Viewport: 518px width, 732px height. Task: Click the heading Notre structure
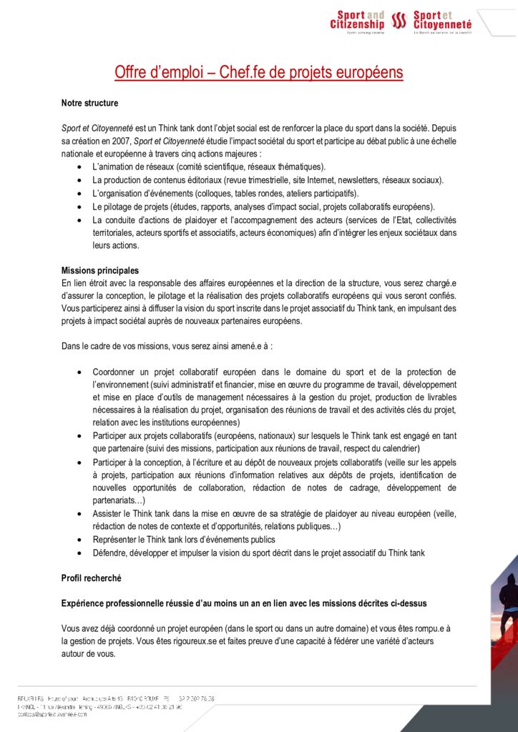(89, 104)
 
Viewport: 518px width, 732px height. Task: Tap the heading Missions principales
(100, 270)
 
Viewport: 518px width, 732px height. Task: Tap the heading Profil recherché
(91, 577)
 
